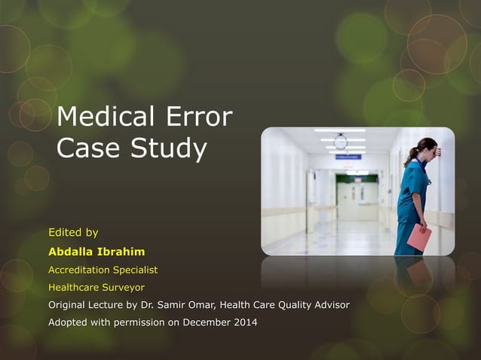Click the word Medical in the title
(103, 117)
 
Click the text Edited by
(73, 232)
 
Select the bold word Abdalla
(75, 251)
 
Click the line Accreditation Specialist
(103, 269)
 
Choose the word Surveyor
(121, 287)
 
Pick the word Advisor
(329, 305)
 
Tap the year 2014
(243, 323)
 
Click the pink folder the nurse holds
(418, 237)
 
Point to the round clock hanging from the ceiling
(341, 142)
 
